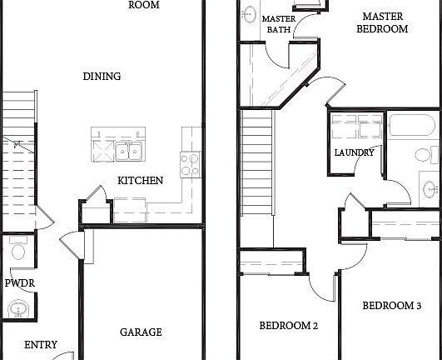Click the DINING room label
[102, 77]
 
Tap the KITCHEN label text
[140, 181]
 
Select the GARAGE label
[141, 332]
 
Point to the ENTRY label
[41, 345]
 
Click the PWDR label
[19, 283]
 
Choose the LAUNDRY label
[354, 153]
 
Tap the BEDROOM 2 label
[288, 326]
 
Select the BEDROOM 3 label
[391, 307]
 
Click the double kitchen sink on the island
[127, 151]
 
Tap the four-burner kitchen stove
[191, 163]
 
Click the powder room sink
[17, 310]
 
